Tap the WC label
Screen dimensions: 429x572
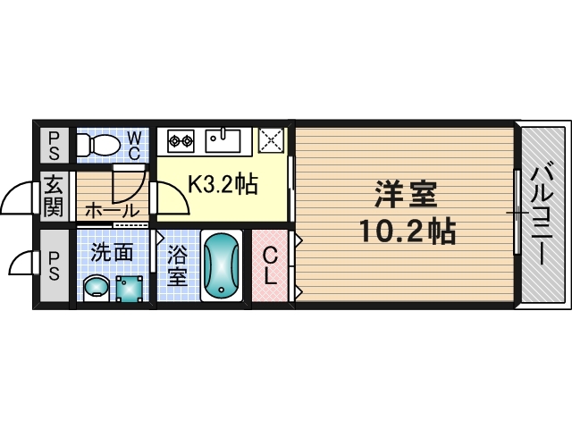[132, 145]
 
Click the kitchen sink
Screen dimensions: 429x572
[222, 139]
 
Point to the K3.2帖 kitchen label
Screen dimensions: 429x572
[222, 185]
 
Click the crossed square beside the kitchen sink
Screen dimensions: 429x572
[270, 140]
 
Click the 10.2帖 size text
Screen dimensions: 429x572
[407, 232]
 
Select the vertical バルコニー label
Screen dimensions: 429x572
[542, 214]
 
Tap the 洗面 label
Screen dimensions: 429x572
[112, 252]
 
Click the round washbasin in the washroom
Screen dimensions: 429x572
[95, 287]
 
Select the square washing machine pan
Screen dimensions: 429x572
[129, 286]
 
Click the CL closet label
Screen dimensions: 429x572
[271, 266]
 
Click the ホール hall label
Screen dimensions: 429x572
[112, 211]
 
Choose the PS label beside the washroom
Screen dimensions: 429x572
[55, 266]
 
